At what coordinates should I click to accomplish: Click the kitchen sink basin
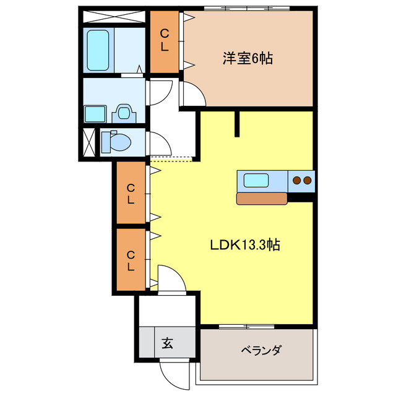pyautogui.click(x=256, y=181)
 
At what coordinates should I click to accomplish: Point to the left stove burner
pyautogui.click(x=297, y=181)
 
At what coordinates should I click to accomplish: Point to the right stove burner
pyautogui.click(x=307, y=181)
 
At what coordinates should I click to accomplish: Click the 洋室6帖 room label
pyautogui.click(x=248, y=59)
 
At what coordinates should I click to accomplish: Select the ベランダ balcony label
pyautogui.click(x=260, y=350)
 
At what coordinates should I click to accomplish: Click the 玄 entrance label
pyautogui.click(x=168, y=342)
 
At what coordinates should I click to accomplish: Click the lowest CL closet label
pyautogui.click(x=131, y=260)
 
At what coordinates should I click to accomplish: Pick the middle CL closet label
pyautogui.click(x=131, y=193)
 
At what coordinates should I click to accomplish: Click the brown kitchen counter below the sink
pyautogui.click(x=262, y=198)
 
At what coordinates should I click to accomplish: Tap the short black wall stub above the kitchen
pyautogui.click(x=236, y=123)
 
